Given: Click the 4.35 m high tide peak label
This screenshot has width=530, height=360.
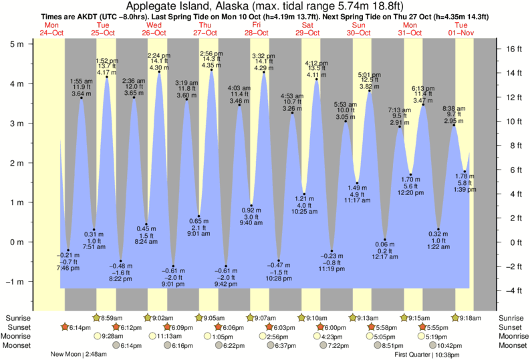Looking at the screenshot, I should (x=211, y=65).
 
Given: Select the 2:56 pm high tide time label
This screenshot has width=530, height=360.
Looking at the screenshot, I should (x=211, y=53).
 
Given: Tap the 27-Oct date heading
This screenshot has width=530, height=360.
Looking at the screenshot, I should (x=205, y=33).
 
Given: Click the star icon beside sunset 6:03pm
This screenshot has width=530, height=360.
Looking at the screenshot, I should (x=270, y=327).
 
